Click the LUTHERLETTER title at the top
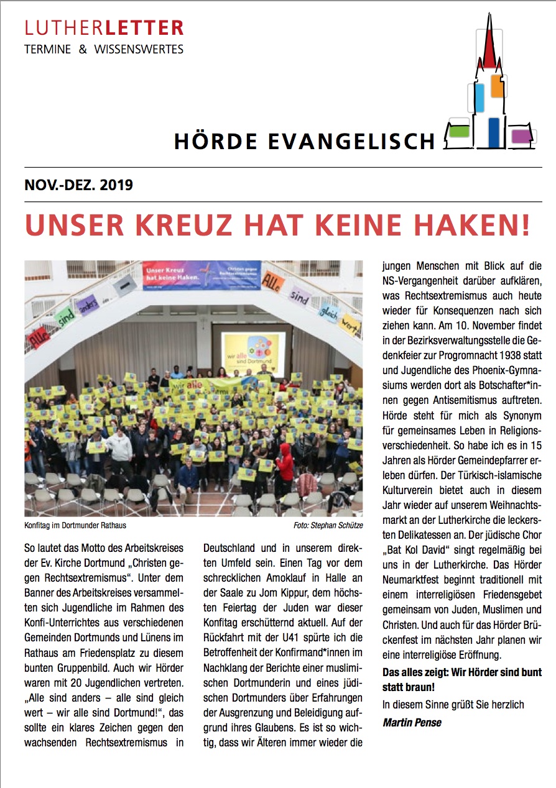[104, 28]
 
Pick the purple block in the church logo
[519, 135]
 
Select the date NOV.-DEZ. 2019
[78, 185]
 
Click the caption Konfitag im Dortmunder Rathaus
[75, 525]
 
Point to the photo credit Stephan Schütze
[338, 526]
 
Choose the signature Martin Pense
[412, 722]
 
